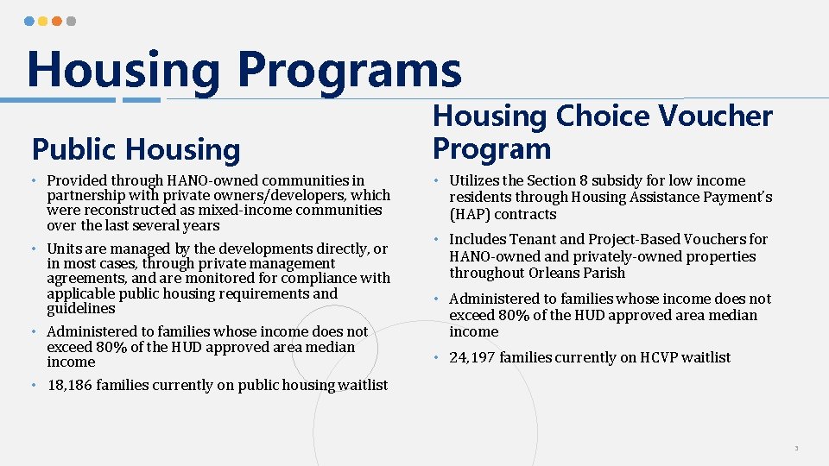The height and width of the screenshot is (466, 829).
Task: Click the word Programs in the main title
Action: pos(350,69)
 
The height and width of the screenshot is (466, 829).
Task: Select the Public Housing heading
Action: pos(136,149)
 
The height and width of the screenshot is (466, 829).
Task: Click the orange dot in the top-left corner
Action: pos(57,21)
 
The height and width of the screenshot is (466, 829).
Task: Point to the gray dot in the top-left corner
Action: pos(71,21)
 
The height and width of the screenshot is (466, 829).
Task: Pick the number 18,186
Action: pos(70,385)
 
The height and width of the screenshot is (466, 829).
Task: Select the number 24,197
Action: pos(472,357)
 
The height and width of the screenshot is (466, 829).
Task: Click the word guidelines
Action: pos(80,308)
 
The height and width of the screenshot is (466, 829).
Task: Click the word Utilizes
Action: pos(477,180)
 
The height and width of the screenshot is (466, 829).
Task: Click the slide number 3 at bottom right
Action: pos(796,449)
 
